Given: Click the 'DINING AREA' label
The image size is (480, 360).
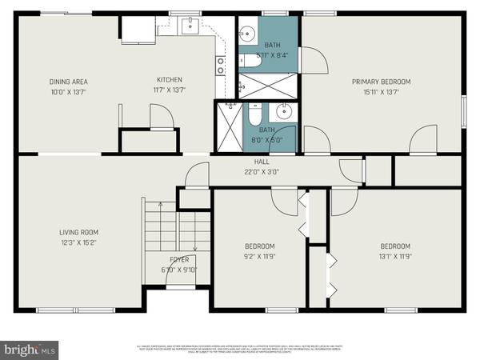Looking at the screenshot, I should click(67, 82).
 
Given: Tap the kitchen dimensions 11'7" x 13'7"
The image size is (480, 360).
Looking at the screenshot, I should click(170, 91).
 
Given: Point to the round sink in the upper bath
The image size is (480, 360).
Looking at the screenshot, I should click(247, 34).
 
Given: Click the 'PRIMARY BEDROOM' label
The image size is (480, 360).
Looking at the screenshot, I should click(382, 82).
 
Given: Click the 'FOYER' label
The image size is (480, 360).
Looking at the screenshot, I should click(178, 259).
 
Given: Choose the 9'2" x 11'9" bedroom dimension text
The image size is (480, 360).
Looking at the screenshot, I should click(258, 256).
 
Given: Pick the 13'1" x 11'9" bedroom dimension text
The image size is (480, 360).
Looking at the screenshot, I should click(395, 256).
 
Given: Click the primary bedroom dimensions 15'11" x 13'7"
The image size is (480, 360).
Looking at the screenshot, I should click(382, 91).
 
